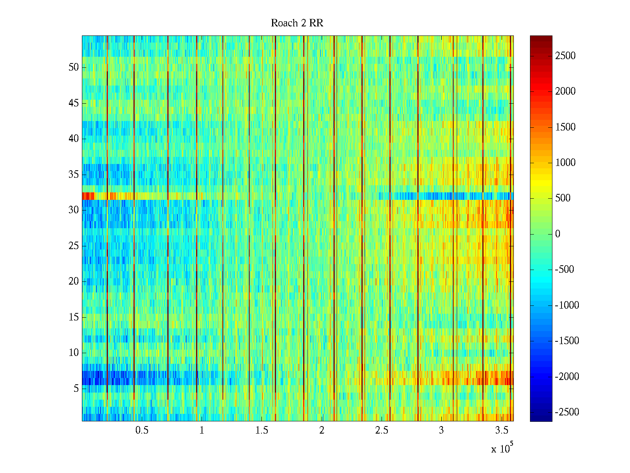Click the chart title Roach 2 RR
pyautogui.click(x=297, y=23)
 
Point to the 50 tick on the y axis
pyautogui.click(x=74, y=67)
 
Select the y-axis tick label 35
pyautogui.click(x=74, y=175)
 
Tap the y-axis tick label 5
pyautogui.click(x=76, y=389)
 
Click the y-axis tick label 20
pyautogui.click(x=74, y=281)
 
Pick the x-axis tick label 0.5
pyautogui.click(x=142, y=430)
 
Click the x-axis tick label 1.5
pyautogui.click(x=261, y=430)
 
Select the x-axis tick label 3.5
pyautogui.click(x=501, y=430)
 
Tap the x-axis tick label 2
pyautogui.click(x=322, y=430)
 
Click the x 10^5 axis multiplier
pyautogui.click(x=502, y=449)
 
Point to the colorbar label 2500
pyautogui.click(x=565, y=56)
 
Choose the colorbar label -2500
pyautogui.click(x=567, y=412)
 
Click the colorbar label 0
pyautogui.click(x=558, y=234)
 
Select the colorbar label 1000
pyautogui.click(x=565, y=163)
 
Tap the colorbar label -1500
pyautogui.click(x=567, y=341)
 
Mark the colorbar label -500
pyautogui.click(x=565, y=270)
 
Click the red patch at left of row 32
pyautogui.click(x=88, y=196)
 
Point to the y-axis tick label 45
pyautogui.click(x=74, y=103)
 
